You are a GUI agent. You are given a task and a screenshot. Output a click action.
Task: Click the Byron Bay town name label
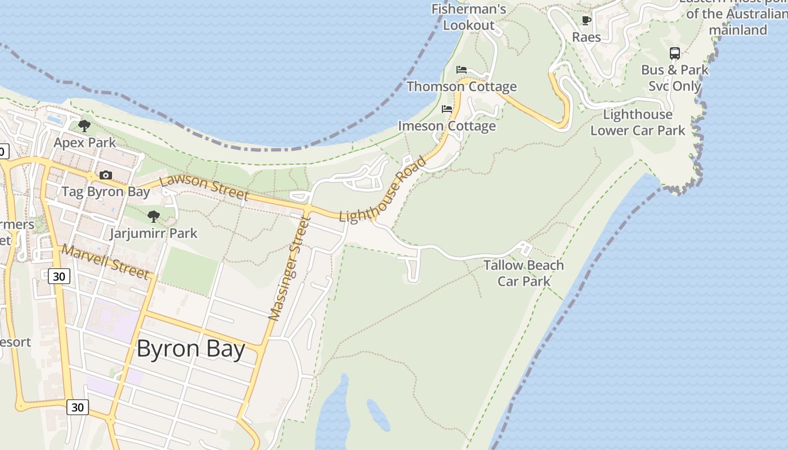click(x=191, y=349)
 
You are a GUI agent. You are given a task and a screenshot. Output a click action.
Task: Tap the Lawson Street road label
click(x=204, y=188)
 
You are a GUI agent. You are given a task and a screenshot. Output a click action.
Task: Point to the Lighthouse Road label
click(x=382, y=190)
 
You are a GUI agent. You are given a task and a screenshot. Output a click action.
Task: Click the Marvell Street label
click(x=106, y=261)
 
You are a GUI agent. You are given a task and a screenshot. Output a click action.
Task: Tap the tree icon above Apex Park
click(x=84, y=126)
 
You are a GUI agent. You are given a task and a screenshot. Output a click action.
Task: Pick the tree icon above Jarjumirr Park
click(x=153, y=217)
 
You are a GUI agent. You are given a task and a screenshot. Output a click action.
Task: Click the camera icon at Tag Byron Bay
click(x=105, y=175)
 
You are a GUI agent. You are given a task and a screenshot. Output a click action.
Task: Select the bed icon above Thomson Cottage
click(x=462, y=70)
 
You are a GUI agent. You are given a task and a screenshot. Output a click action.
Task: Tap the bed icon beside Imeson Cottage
click(x=447, y=109)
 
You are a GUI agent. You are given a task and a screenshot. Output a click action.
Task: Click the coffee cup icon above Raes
click(x=586, y=21)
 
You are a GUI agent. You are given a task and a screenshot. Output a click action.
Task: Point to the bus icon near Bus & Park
click(x=674, y=53)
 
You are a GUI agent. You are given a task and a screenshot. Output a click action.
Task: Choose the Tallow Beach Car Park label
click(x=523, y=273)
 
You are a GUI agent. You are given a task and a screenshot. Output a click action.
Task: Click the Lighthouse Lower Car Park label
click(x=638, y=123)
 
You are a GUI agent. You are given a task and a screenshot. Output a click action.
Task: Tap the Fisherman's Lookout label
click(x=469, y=17)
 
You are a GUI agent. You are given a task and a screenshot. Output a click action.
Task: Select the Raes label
click(x=586, y=37)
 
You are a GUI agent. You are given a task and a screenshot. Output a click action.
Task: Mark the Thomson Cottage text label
click(x=462, y=87)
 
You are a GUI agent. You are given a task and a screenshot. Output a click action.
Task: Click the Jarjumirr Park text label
click(x=154, y=233)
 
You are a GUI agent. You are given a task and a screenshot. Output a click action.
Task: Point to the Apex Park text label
click(x=84, y=143)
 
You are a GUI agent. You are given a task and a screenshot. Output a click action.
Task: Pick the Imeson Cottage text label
click(x=447, y=126)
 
